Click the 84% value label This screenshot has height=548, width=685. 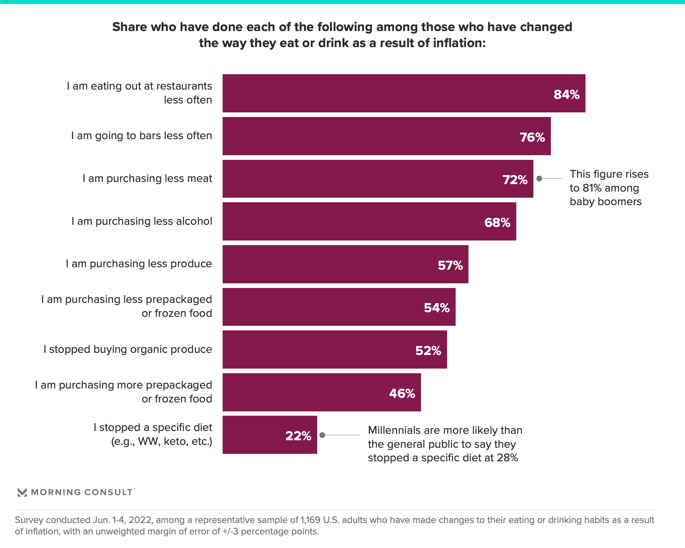[566, 95]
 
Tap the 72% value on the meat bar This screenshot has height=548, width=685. [515, 180]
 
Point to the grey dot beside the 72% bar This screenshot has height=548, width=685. [539, 178]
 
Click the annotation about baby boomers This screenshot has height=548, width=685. [609, 188]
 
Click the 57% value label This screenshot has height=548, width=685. [450, 265]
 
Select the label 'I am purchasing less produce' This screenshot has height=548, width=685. [139, 264]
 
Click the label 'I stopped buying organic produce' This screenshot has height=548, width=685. [128, 349]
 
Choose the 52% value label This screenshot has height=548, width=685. [428, 351]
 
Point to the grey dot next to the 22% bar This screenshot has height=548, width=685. [323, 435]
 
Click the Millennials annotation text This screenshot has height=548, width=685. [445, 444]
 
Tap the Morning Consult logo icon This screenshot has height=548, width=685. [22, 492]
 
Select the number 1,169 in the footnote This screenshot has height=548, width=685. [310, 520]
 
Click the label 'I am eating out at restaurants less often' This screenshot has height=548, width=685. [139, 93]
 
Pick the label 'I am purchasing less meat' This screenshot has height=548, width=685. [147, 178]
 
